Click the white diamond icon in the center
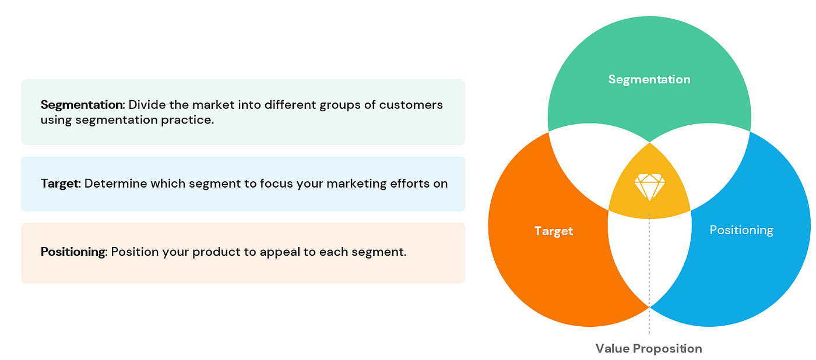pyautogui.click(x=649, y=187)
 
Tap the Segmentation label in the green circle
pyautogui.click(x=649, y=79)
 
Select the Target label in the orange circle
pyautogui.click(x=554, y=231)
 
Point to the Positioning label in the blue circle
pyautogui.click(x=741, y=230)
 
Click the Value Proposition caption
pyautogui.click(x=649, y=349)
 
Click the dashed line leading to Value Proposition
pyautogui.click(x=649, y=274)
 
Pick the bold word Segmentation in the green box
pyautogui.click(x=83, y=105)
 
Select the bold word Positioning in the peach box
pyautogui.click(x=74, y=252)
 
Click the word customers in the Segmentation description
pyautogui.click(x=411, y=105)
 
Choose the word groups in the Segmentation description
pyautogui.click(x=340, y=105)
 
